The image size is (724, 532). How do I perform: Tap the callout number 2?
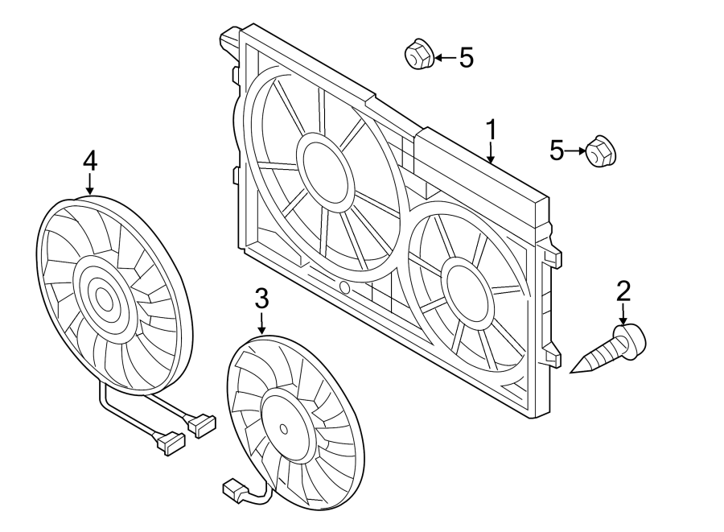pos(623,291)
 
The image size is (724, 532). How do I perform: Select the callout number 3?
pos(261,299)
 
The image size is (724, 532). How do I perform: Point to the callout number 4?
pos(89,161)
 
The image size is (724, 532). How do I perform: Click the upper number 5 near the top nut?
pos(466,57)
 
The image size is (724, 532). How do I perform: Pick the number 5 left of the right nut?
pos(557,150)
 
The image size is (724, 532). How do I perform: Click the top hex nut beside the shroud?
pos(418,56)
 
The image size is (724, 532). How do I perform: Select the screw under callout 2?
pos(611,349)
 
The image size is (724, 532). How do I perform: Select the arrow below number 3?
pos(261,324)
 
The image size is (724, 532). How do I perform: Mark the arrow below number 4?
pos(89,184)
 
